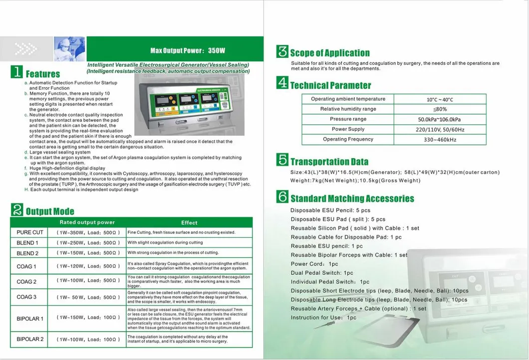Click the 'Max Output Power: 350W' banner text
pyautogui.click(x=188, y=51)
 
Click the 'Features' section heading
pyautogui.click(x=42, y=74)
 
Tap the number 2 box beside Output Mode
pyautogui.click(x=17, y=210)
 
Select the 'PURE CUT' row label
pyautogui.click(x=30, y=232)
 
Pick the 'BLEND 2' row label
pyautogui.click(x=28, y=253)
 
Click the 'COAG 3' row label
pyautogui.click(x=26, y=297)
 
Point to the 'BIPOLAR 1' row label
pyautogui.click(x=30, y=319)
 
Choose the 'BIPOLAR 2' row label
pyautogui.click(x=30, y=340)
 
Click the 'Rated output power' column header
pyautogui.click(x=87, y=222)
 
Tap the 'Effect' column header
pyautogui.click(x=189, y=223)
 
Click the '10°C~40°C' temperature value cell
pyautogui.click(x=440, y=100)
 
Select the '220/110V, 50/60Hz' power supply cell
pyautogui.click(x=440, y=130)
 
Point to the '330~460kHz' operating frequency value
pyautogui.click(x=440, y=140)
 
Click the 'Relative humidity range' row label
pyautogui.click(x=348, y=109)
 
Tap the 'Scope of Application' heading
pyautogui.click(x=330, y=53)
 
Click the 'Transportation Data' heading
pyautogui.click(x=329, y=162)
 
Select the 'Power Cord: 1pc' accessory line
pyautogui.click(x=314, y=264)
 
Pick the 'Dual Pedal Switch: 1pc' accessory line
pyautogui.click(x=322, y=273)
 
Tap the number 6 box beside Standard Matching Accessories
pyautogui.click(x=282, y=197)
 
